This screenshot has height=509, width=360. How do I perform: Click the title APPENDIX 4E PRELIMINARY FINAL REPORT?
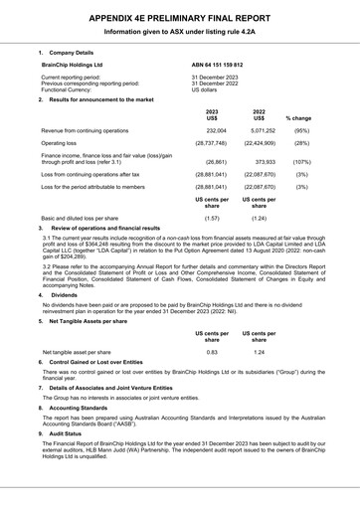[x=180, y=17]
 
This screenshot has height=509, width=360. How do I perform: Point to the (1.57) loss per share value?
[x=211, y=217]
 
